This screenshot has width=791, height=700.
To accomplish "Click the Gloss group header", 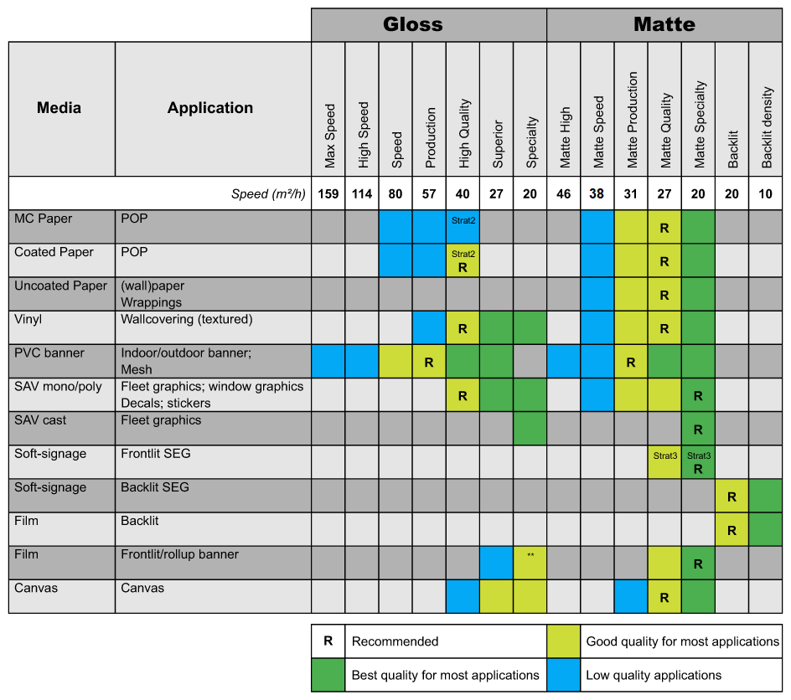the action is (412, 24).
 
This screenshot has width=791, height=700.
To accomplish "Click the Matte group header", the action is (664, 24).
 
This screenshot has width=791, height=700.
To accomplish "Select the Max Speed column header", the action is (329, 136).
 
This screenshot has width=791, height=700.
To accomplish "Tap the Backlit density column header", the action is (766, 127).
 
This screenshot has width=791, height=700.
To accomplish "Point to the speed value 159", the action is (328, 194).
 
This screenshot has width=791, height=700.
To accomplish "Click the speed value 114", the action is (362, 194).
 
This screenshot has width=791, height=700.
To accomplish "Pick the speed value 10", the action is (765, 194).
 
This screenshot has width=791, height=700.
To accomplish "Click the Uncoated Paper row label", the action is (60, 286).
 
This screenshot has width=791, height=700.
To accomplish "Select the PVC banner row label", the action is (49, 353).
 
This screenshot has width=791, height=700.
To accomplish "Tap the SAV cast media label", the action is (40, 420).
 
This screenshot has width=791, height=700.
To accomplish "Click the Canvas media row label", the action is (36, 588).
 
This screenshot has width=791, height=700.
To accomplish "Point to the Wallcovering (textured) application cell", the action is (187, 320).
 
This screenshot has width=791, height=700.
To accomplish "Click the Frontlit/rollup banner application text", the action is (179, 554).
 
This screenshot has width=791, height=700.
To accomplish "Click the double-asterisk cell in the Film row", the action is (530, 563).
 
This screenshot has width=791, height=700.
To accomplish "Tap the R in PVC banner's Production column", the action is (429, 363).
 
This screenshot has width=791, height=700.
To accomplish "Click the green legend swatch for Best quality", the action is (328, 675).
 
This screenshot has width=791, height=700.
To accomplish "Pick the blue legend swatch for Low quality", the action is (563, 675).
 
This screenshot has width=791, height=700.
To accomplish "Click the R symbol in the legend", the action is (328, 641).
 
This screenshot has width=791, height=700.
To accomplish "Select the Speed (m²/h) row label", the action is (268, 194).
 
